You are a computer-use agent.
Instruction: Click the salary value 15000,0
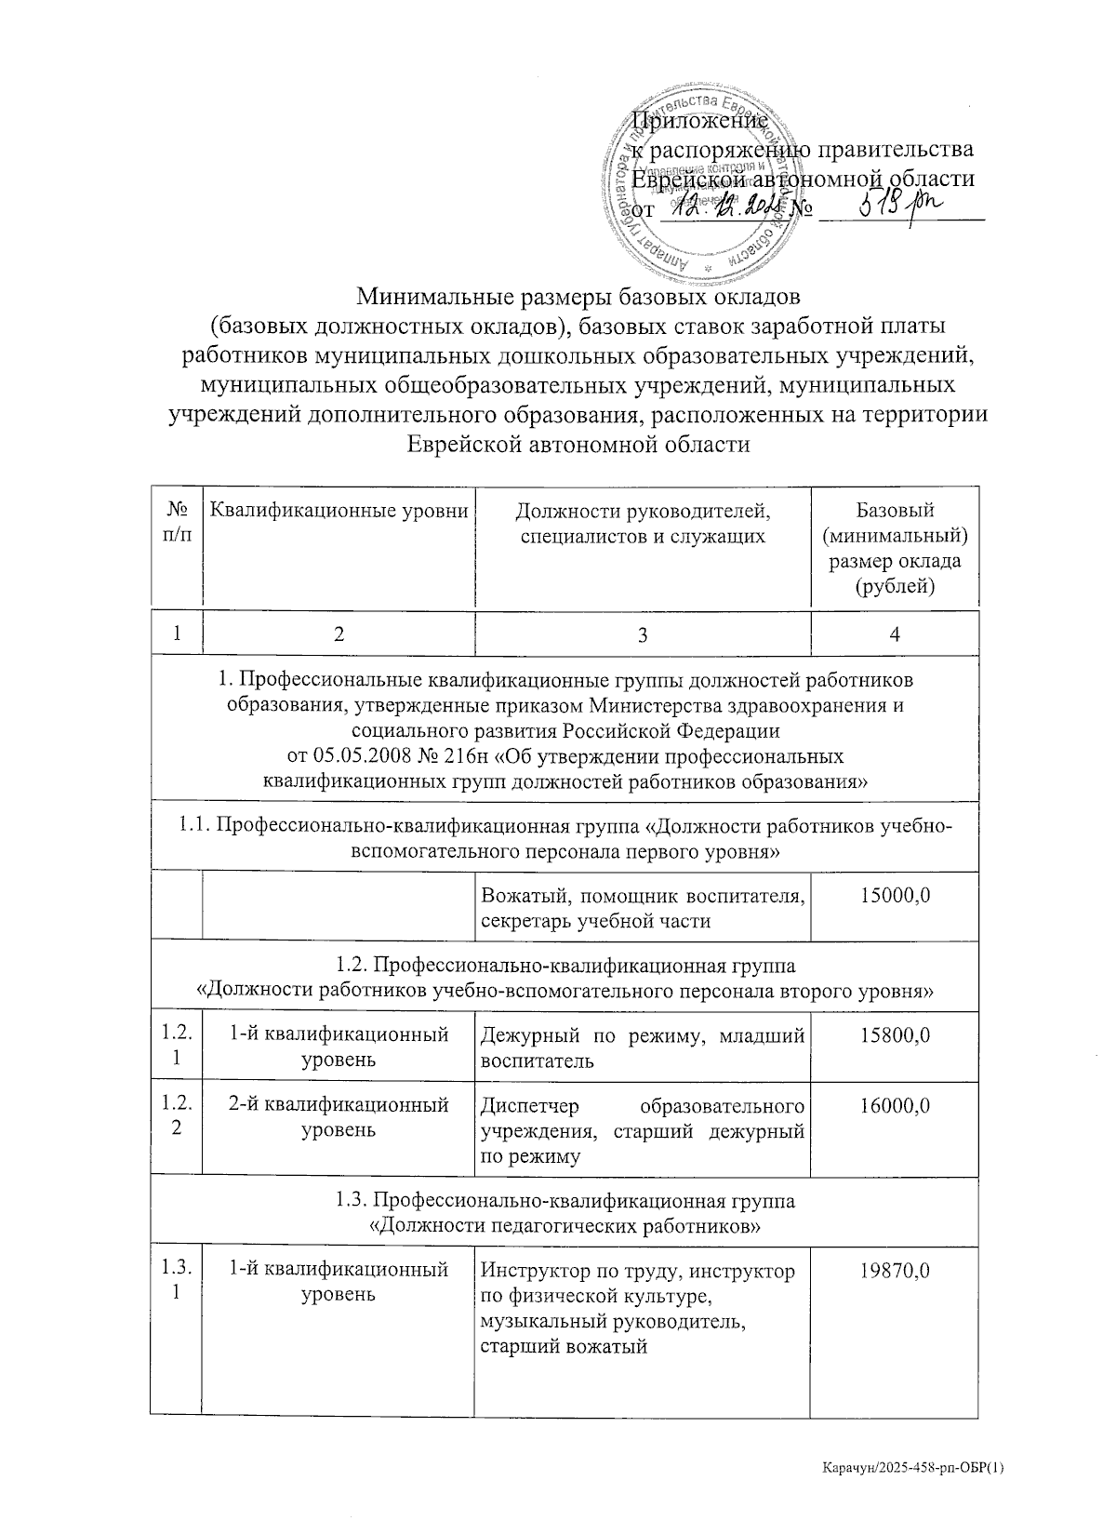point(894,897)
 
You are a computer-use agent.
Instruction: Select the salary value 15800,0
point(894,1036)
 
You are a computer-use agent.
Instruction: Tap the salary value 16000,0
point(894,1106)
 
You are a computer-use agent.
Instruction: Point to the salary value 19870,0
point(894,1271)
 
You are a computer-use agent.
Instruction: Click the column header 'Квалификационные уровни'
point(339,510)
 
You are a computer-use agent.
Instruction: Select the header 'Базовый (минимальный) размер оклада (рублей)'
point(894,548)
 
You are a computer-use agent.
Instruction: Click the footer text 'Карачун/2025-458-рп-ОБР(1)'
point(914,1468)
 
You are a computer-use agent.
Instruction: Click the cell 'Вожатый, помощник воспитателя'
point(642,897)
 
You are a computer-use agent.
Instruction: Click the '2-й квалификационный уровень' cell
point(339,1116)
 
